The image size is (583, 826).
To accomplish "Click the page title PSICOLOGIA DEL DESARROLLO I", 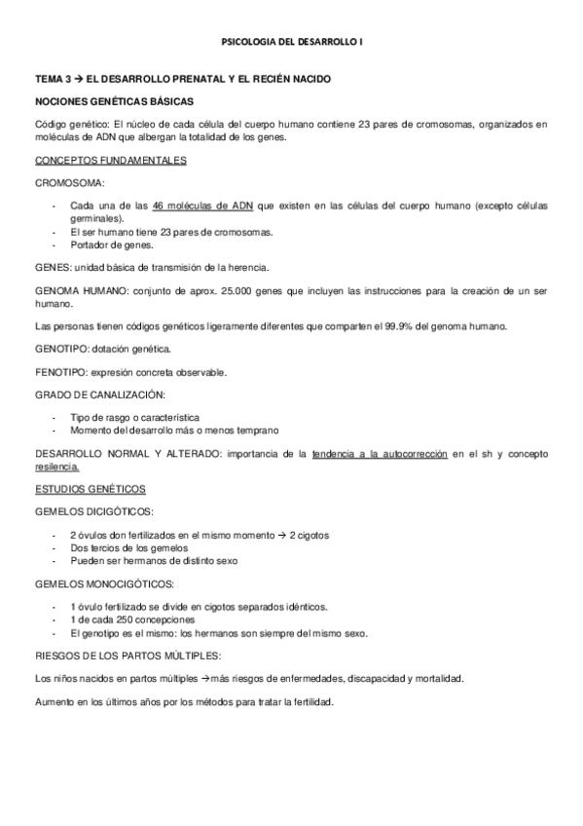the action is pos(292,42).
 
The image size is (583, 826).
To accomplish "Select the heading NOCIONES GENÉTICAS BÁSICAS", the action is pos(115,101).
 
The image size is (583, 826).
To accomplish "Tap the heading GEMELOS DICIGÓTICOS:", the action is pos(93,512).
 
